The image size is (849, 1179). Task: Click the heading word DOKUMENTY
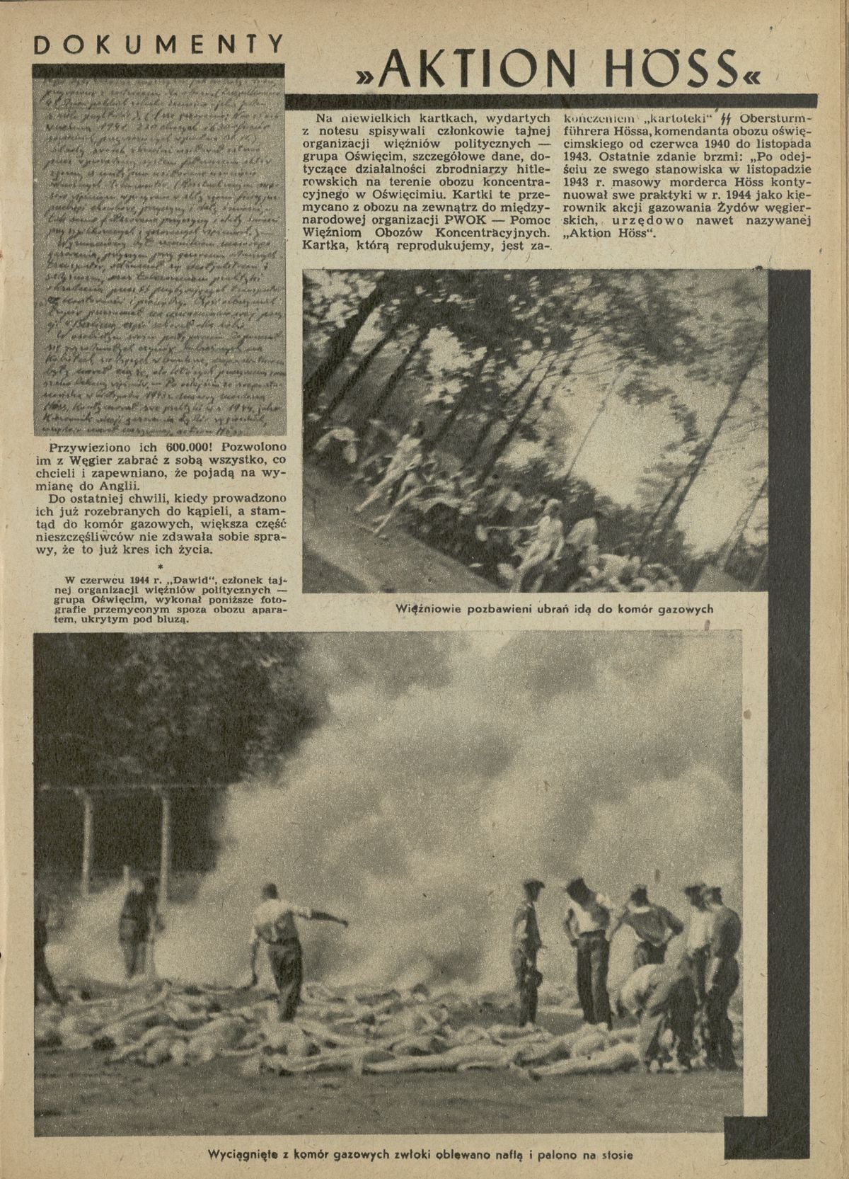coord(158,44)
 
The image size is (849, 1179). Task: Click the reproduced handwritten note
coord(158,255)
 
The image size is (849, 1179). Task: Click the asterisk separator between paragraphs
coord(161,566)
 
